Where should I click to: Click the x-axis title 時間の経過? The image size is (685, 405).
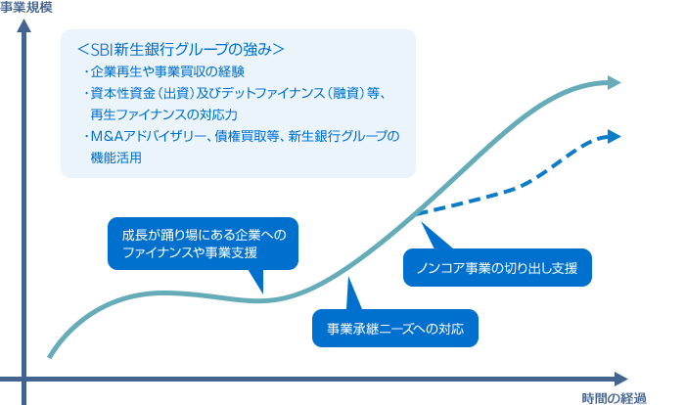point(614,396)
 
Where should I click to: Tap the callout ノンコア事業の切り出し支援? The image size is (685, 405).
point(497,267)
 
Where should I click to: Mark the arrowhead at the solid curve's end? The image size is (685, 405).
point(616,83)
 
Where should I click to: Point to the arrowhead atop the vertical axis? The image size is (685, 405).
point(24,26)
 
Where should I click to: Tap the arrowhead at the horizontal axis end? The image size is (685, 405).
point(621,377)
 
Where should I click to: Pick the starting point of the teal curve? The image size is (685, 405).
point(49,355)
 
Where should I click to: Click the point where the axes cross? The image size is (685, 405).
point(24,377)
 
